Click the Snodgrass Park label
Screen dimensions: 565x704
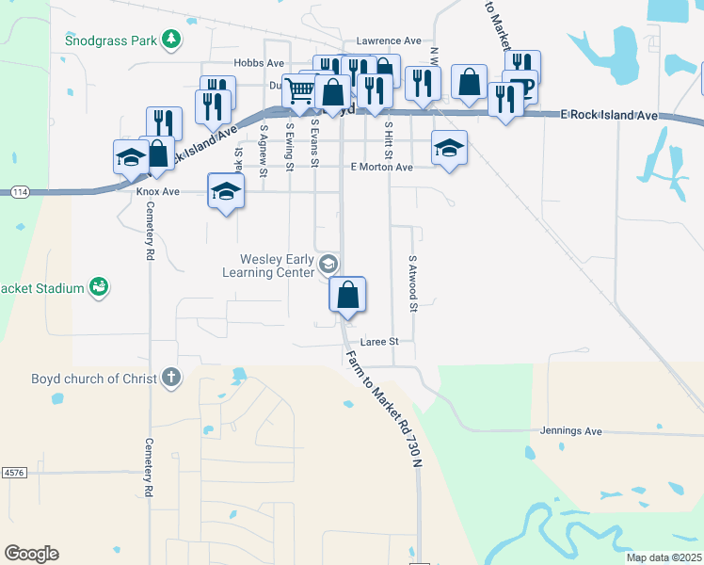(x=112, y=40)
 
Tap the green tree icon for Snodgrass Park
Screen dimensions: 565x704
(x=170, y=39)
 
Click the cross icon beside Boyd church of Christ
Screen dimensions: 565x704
(x=170, y=378)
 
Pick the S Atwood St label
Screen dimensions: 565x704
(x=412, y=281)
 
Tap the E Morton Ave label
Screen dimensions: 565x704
(x=381, y=167)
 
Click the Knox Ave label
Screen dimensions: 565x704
(x=157, y=191)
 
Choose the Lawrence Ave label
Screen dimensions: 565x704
(x=389, y=41)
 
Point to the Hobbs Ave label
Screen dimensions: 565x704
(x=259, y=63)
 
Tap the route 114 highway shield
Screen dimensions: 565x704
(x=19, y=192)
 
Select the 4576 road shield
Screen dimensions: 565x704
(x=13, y=471)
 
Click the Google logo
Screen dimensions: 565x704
(x=31, y=554)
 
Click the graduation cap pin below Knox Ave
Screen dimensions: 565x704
(x=226, y=192)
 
